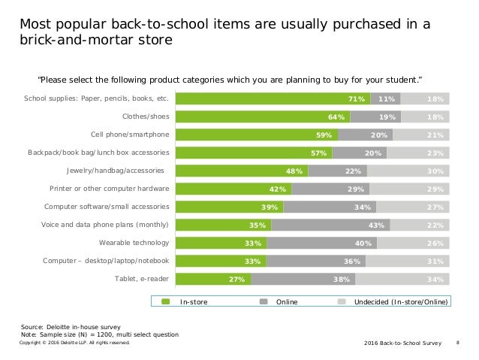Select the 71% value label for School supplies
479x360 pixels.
(356, 98)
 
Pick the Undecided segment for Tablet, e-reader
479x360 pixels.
(403, 279)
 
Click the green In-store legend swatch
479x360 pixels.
(167, 301)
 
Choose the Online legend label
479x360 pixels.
(288, 301)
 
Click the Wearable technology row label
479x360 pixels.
(134, 243)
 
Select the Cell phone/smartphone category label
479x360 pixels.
(130, 135)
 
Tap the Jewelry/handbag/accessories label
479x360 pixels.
(118, 171)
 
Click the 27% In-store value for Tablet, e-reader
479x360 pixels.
(238, 279)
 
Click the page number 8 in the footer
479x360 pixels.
(458, 342)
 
